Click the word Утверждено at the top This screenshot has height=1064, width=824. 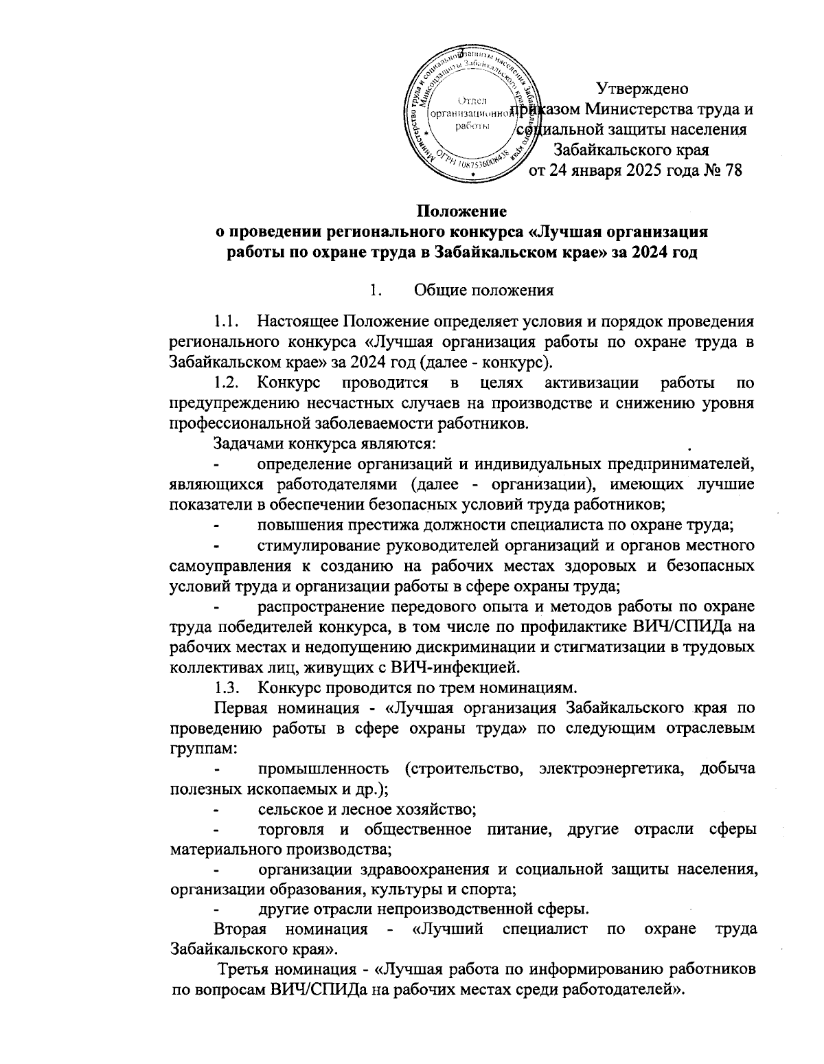point(640,89)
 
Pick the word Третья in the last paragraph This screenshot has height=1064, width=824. point(244,971)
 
